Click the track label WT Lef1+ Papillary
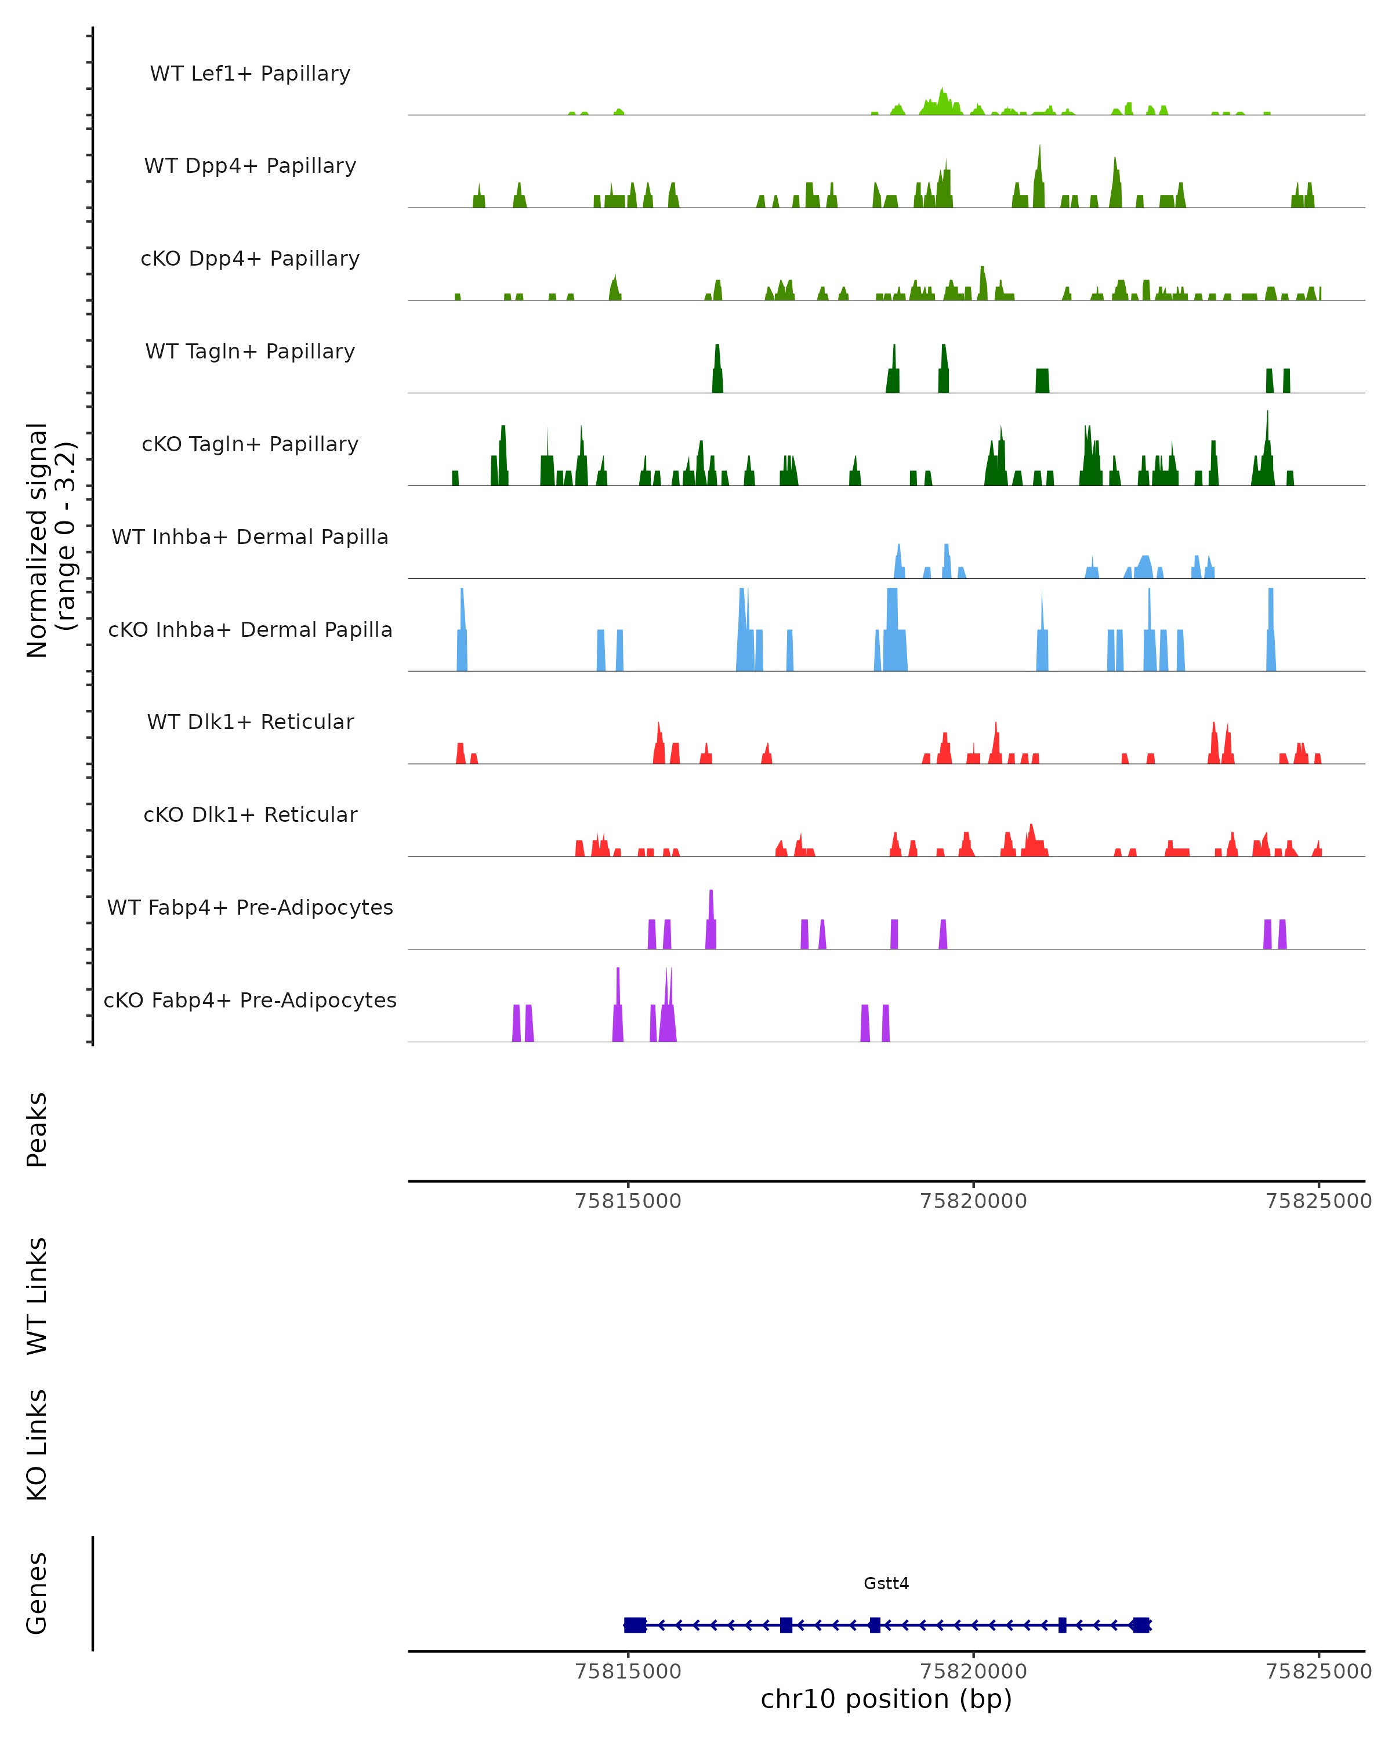point(250,74)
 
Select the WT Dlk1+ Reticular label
point(250,722)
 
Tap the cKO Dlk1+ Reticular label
point(250,814)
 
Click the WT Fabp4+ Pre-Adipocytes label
point(250,907)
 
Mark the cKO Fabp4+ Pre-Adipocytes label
point(250,1000)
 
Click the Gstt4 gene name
point(886,1583)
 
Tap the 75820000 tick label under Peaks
point(973,1201)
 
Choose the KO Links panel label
point(37,1445)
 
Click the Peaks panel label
point(37,1129)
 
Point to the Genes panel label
point(37,1593)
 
